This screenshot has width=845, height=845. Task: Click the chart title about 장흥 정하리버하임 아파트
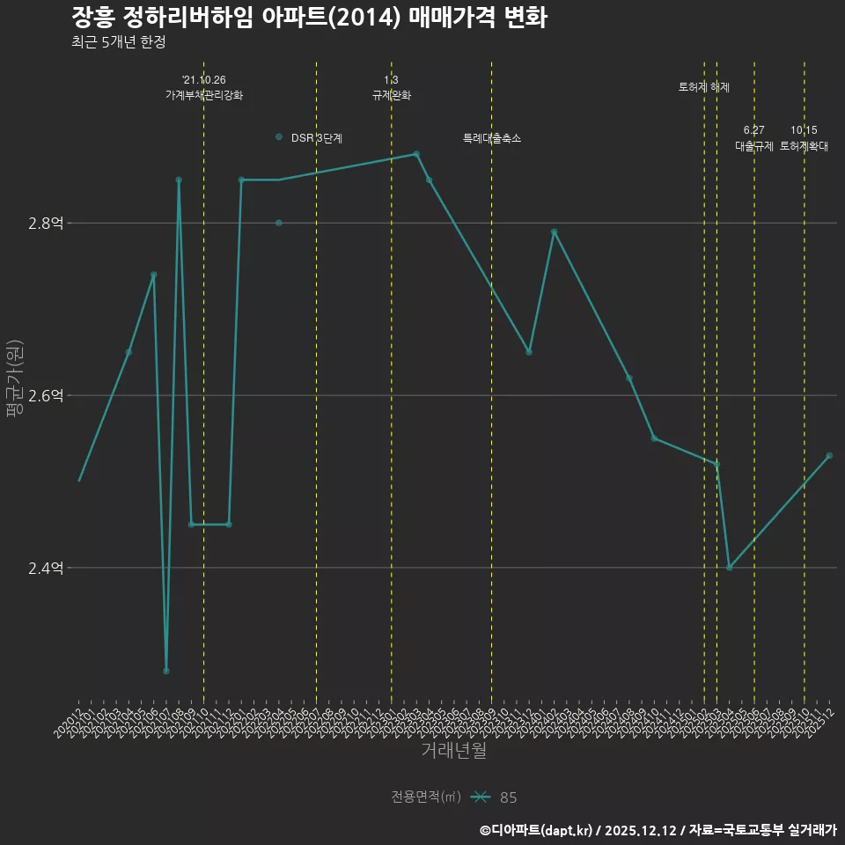(x=309, y=18)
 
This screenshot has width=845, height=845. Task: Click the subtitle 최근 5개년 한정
(x=119, y=42)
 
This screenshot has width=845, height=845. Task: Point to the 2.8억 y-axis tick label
(x=46, y=224)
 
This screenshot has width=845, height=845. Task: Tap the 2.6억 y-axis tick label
(x=46, y=396)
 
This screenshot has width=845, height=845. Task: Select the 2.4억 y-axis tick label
(x=46, y=569)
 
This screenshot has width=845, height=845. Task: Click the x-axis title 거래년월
(x=453, y=751)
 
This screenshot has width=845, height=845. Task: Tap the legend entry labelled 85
(x=508, y=797)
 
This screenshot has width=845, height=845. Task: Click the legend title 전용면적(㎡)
(x=426, y=797)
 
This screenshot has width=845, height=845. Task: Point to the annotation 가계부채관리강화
(x=204, y=95)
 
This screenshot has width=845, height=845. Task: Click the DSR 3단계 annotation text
(x=317, y=138)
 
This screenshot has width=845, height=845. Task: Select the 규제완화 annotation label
(x=392, y=95)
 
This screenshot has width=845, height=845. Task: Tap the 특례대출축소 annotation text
(x=492, y=138)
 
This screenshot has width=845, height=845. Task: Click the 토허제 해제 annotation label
(x=704, y=87)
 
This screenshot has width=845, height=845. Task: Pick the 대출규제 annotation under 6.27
(x=754, y=147)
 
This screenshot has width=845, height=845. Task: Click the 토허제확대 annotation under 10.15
(x=805, y=147)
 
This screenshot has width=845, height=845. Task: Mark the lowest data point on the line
(x=166, y=671)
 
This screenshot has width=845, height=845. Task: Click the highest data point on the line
(x=416, y=154)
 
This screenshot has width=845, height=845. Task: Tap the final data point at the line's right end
(x=829, y=455)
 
